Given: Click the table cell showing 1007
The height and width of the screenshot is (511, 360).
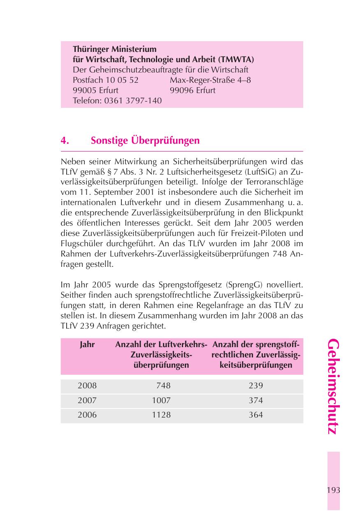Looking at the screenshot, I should coord(161,400).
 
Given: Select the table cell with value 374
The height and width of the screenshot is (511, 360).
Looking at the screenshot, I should coord(255,400).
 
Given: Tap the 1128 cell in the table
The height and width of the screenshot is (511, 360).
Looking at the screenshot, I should coord(161,415).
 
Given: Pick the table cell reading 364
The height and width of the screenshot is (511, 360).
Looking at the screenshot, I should coord(255,415).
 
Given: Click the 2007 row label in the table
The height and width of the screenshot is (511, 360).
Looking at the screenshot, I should coord(87,400).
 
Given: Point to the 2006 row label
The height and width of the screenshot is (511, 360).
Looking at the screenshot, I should coord(87,415).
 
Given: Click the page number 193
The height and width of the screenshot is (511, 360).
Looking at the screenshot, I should coord(333,490).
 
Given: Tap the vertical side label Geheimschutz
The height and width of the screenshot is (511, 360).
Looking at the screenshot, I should coord(334,387).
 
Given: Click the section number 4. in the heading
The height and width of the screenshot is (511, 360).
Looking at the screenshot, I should coord(65,141).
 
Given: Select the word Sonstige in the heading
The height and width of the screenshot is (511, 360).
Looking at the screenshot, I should coord(109,141).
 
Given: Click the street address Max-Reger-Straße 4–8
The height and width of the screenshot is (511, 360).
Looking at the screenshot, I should coord(210,80).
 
